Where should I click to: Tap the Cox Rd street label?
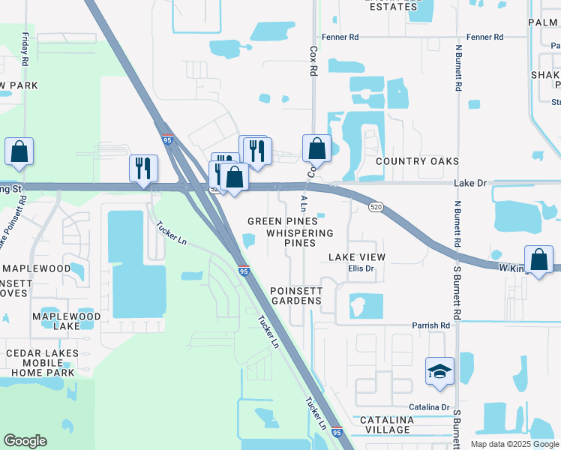coord(313,61)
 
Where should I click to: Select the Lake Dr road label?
coord(469,183)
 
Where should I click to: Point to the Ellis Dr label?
coord(360,269)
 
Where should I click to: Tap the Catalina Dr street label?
coord(429,407)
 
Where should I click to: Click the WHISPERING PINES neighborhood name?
coord(300,238)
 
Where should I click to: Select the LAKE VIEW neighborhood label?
coord(357,257)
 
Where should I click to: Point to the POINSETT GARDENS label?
coord(295,295)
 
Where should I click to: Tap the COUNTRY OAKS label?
coord(417,161)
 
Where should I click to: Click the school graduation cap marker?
coord(439,372)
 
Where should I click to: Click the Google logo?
coord(25,441)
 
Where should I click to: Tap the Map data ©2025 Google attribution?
coord(514,444)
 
